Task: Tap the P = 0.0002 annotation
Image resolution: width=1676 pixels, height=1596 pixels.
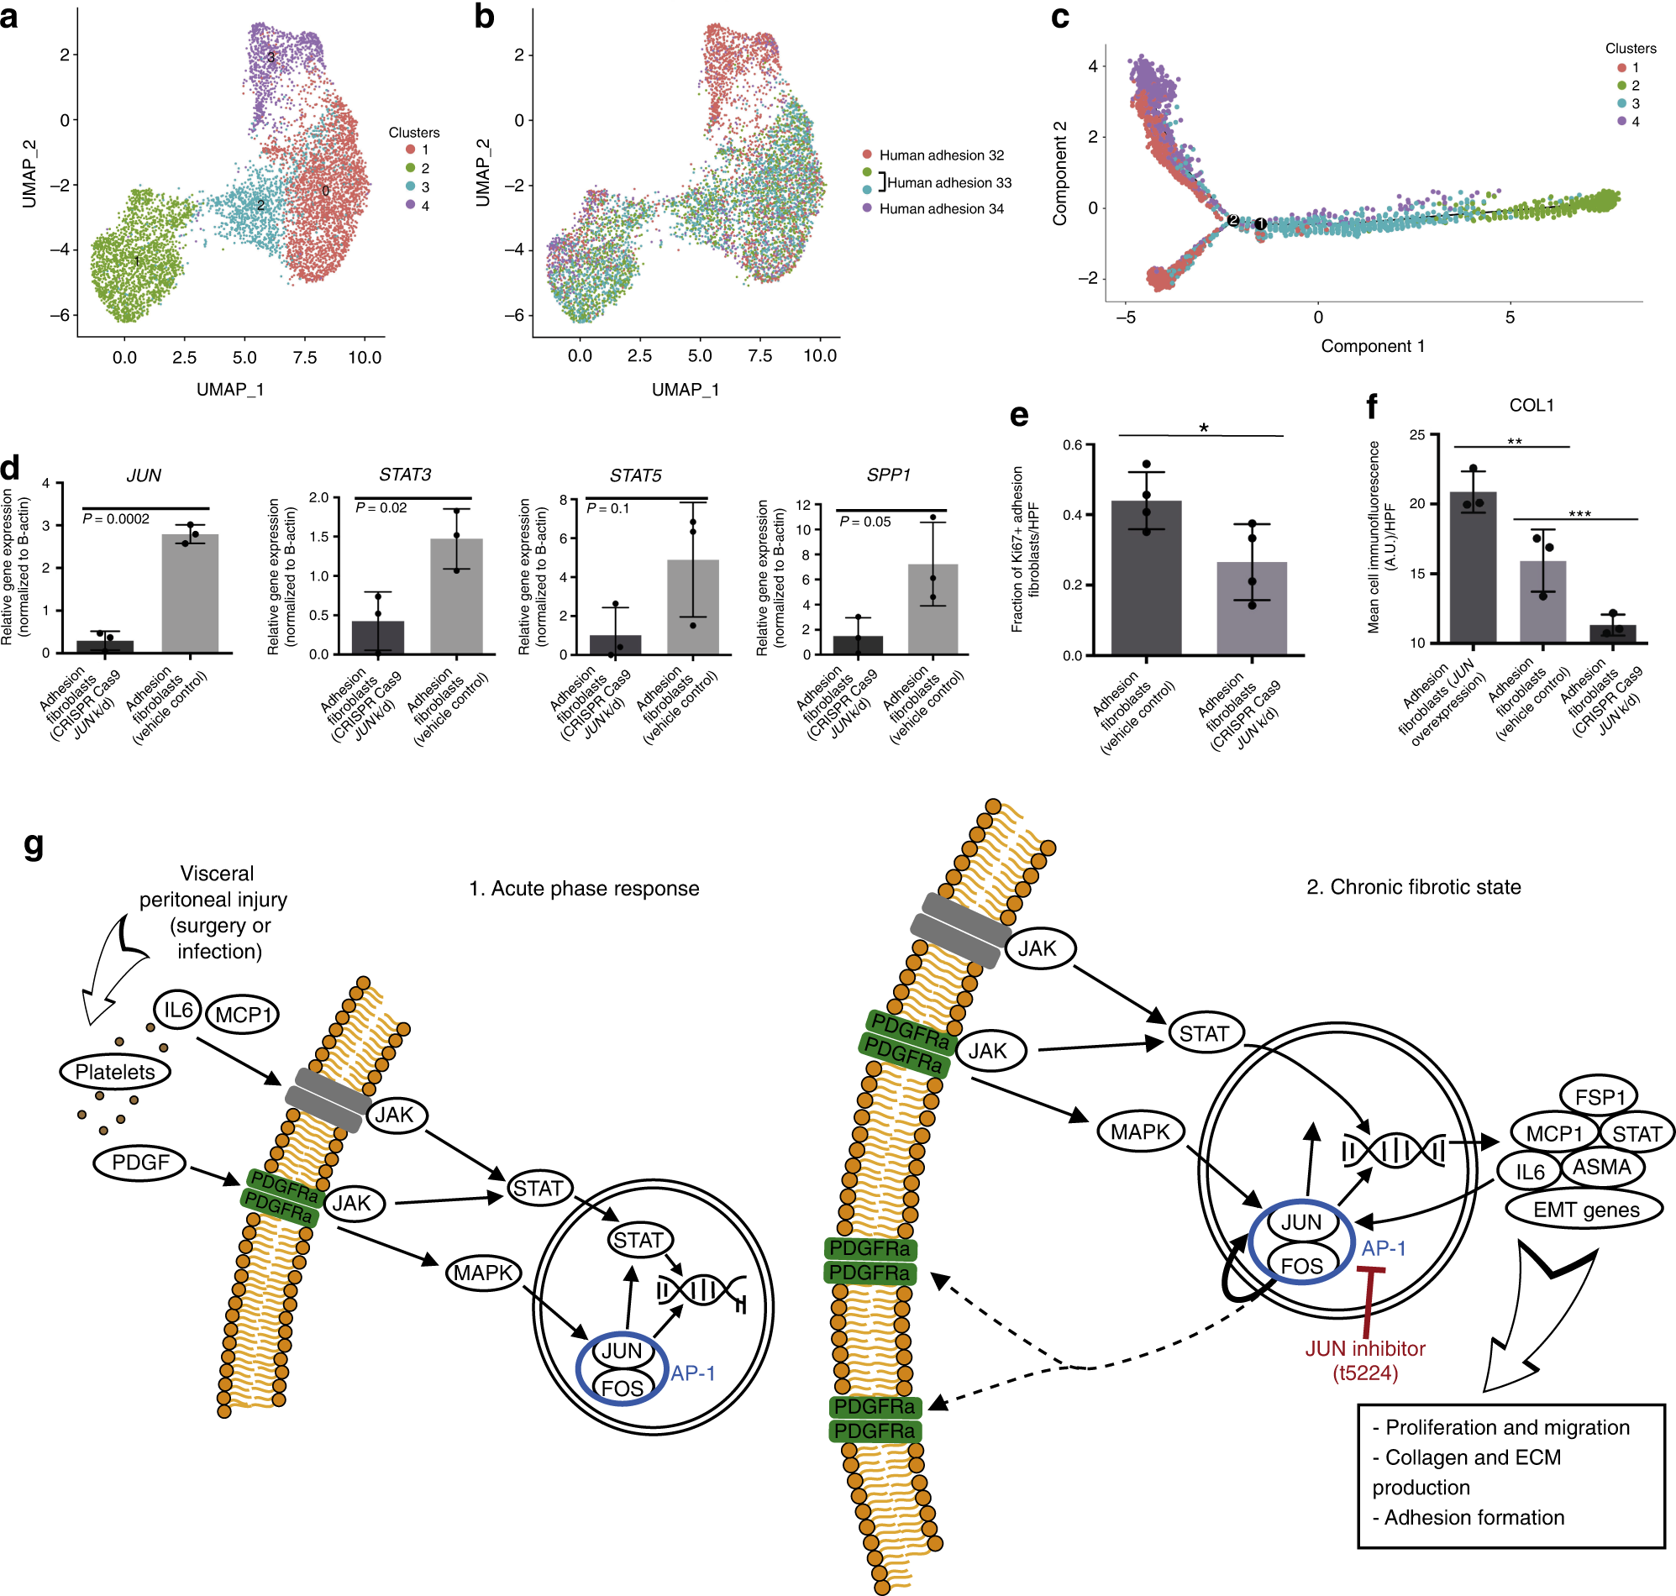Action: pos(116,519)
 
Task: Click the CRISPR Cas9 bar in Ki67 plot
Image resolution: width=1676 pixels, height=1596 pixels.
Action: pos(1251,607)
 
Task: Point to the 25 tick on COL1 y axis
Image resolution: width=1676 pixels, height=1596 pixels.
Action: pos(1416,435)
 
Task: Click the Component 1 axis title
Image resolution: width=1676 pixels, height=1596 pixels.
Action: pos(1371,346)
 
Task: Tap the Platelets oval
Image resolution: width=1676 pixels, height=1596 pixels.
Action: pos(115,1072)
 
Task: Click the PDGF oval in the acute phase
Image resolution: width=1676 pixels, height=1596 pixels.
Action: pos(140,1162)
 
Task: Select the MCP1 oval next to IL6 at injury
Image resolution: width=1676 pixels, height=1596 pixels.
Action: pos(243,1015)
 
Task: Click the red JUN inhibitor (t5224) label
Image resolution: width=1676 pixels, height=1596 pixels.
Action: pos(1364,1360)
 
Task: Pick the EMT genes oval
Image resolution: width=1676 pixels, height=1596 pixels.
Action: pos(1585,1210)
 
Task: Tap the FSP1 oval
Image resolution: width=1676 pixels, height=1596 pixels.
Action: pos(1599,1096)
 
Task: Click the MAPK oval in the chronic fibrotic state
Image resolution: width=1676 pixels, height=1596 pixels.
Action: pos(1140,1132)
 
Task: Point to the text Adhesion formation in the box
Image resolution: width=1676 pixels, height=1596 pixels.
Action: pos(1474,1517)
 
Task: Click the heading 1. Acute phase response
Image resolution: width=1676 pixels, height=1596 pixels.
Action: pos(584,888)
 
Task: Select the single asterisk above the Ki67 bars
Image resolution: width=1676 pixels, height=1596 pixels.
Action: pos(1203,428)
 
